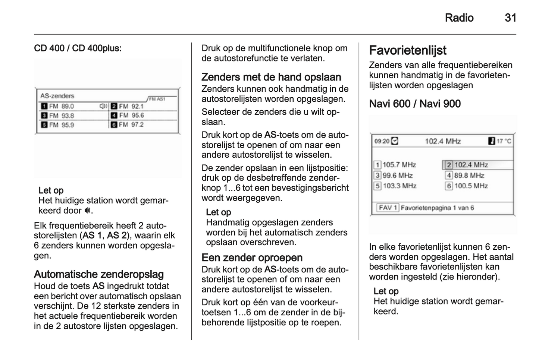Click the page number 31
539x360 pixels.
[x=510, y=18]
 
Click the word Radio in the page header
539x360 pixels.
[x=459, y=18]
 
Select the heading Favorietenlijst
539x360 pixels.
[x=407, y=50]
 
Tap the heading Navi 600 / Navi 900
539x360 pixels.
[x=415, y=104]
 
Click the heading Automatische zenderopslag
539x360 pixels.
[x=98, y=274]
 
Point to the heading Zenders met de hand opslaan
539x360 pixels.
[x=271, y=77]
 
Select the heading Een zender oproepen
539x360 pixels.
[x=252, y=258]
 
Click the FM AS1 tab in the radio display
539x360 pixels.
[x=157, y=99]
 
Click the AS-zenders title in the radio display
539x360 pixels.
[x=57, y=96]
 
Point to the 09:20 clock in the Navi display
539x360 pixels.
[x=382, y=141]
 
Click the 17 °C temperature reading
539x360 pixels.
[x=503, y=141]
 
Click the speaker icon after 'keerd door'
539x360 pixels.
[x=87, y=211]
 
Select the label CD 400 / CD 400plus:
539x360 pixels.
[x=78, y=48]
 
